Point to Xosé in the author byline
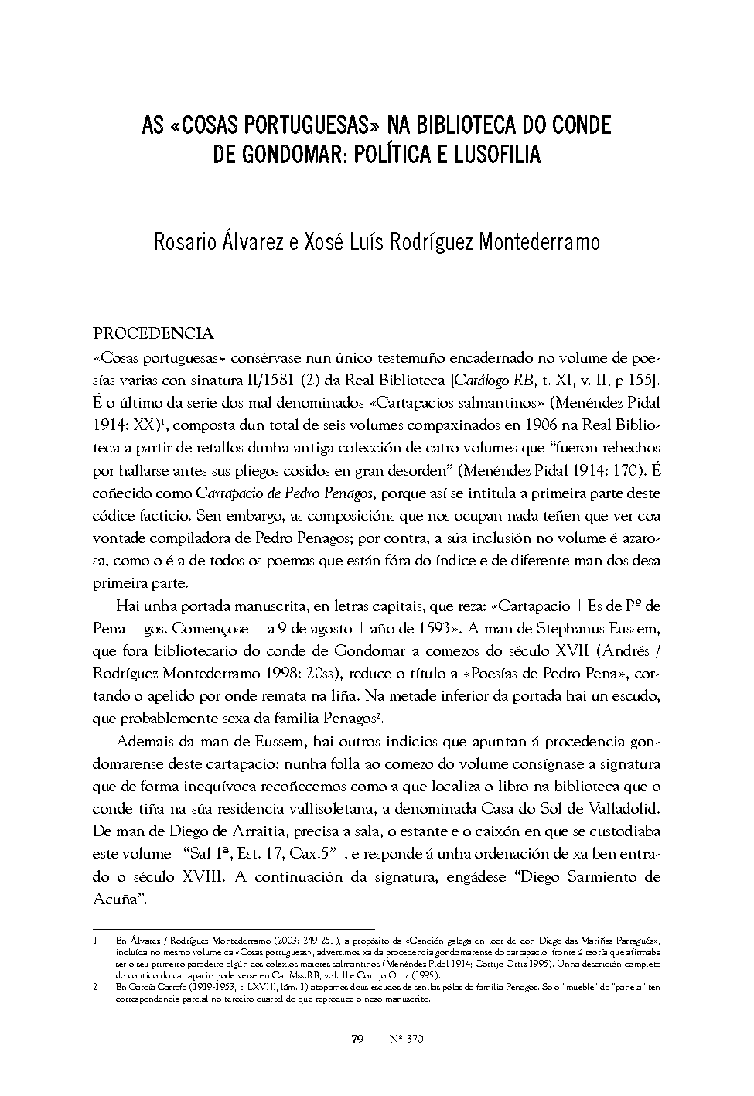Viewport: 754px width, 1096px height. point(319,242)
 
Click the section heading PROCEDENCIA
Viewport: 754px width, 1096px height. point(153,334)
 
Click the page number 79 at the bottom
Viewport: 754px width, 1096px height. point(357,1039)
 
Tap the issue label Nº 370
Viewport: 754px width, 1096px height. point(405,1039)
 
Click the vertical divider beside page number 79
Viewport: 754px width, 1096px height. point(377,1039)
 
